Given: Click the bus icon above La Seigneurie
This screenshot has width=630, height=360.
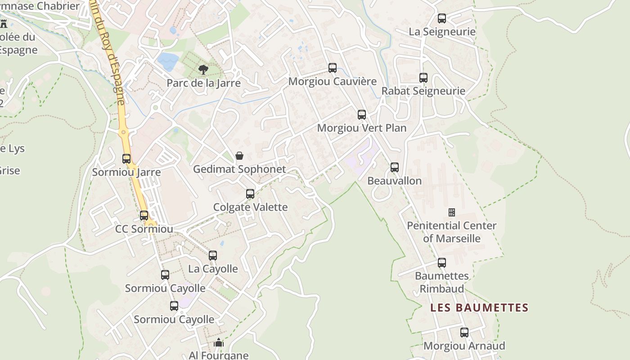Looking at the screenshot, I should pos(442,18).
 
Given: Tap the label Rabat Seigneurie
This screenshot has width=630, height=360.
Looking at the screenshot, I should pos(423,91).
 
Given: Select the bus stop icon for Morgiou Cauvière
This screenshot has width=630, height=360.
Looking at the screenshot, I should pos(333,68).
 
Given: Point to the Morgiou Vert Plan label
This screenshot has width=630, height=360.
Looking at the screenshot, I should pos(362,128).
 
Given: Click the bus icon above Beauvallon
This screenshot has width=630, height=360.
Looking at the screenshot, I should pos(395,167).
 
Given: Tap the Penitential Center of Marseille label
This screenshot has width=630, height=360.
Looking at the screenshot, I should pos(451,232).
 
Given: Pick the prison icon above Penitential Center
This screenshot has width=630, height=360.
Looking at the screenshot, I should pos(451,212).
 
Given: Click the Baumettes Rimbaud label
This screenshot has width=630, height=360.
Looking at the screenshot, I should pos(441,282).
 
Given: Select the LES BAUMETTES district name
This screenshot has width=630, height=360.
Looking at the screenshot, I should pos(479,308).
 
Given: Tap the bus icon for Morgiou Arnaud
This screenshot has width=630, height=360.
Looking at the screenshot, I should pos(464,333).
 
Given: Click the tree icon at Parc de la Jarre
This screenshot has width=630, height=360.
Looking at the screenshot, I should pos(203,69).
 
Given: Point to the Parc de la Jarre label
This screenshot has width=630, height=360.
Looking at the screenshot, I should pos(203,83).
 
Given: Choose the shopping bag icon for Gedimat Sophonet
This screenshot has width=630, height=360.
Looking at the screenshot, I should pos(239,156).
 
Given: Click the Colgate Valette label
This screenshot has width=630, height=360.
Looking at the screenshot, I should pos(250,207).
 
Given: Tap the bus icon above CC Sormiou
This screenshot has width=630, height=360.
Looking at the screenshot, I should pos(144,216).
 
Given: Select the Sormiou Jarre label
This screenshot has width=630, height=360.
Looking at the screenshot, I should pos(126,172).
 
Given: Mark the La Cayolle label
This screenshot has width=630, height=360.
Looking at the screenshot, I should pos(213,269).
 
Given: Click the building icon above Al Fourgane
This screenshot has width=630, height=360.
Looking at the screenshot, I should pos(219,342).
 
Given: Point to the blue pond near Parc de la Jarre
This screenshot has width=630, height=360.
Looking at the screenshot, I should pos(168,62).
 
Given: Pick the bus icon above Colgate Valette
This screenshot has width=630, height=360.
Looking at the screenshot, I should pos(250,194).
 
